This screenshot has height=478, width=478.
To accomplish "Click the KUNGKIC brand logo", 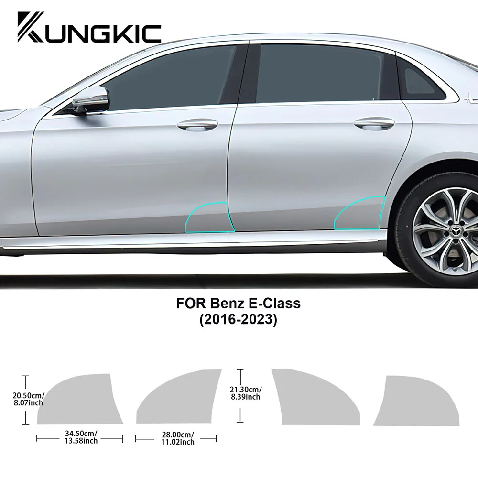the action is [89, 27].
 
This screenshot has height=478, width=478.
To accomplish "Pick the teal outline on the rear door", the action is [359, 213].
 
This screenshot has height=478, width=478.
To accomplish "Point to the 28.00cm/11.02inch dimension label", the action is [177, 438].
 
